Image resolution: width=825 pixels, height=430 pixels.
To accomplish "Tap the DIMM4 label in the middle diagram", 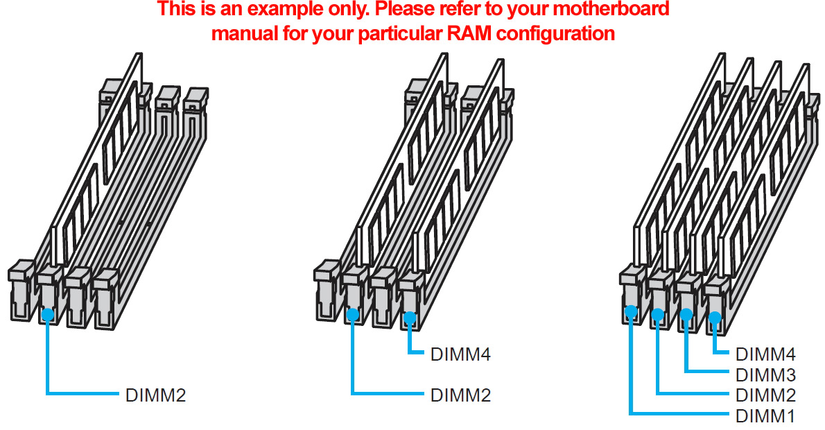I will (460, 355).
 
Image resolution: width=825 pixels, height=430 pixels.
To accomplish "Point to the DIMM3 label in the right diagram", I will (765, 375).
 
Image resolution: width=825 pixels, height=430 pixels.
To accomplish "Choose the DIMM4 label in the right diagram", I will (765, 354).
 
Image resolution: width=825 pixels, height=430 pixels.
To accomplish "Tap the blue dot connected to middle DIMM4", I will (410, 318).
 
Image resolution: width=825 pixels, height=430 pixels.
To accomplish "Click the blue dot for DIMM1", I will (631, 311).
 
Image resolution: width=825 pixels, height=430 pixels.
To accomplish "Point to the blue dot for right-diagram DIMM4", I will (715, 318).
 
